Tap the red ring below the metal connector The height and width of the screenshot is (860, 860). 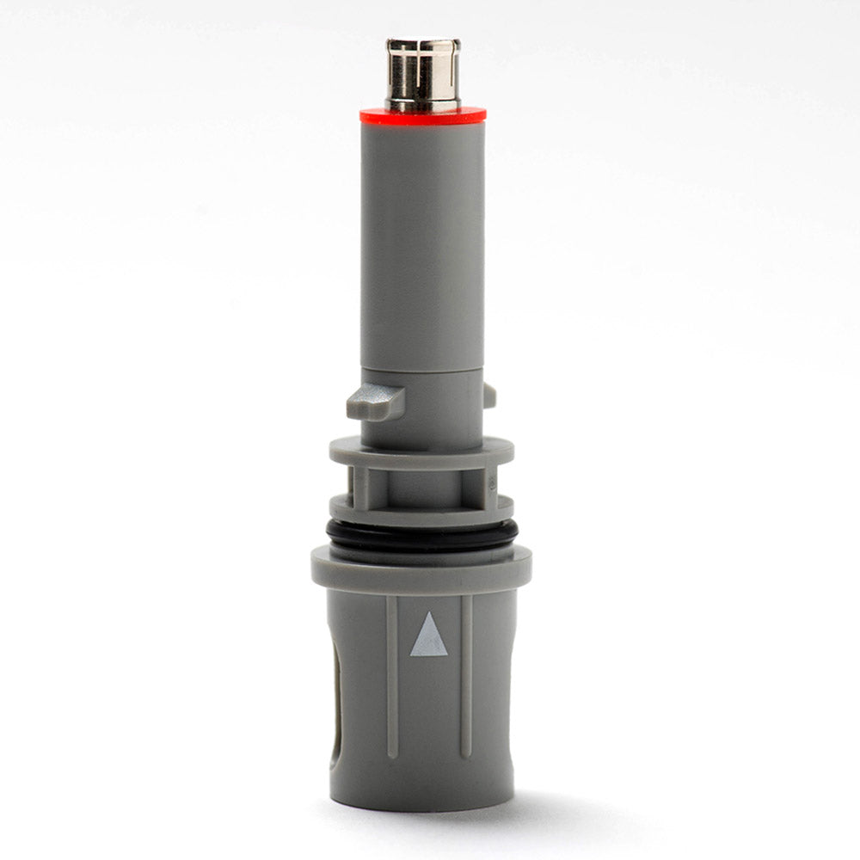pyautogui.click(x=422, y=115)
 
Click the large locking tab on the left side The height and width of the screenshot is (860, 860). pyautogui.click(x=375, y=401)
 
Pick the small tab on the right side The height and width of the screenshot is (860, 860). pyautogui.click(x=489, y=395)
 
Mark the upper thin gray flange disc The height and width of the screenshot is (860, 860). pyautogui.click(x=421, y=453)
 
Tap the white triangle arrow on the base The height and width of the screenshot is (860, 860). pyautogui.click(x=428, y=637)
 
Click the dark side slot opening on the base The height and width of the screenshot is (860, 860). pyautogui.click(x=340, y=714)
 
